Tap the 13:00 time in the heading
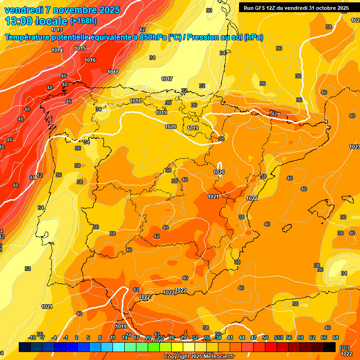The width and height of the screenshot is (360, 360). point(19,21)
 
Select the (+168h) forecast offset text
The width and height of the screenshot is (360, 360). point(83,21)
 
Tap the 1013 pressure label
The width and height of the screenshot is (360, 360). point(57,43)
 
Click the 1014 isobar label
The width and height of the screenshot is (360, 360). point(57,50)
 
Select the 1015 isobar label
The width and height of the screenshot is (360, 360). point(80,48)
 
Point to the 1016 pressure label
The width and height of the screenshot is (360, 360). point(90,60)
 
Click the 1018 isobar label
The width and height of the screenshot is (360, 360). point(135,101)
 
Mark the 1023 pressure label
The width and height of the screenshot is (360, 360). point(354,147)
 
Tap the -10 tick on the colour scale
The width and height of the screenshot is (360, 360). point(32,337)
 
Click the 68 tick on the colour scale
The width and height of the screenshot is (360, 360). point(336,337)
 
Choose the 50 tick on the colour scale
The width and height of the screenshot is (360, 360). point(265,337)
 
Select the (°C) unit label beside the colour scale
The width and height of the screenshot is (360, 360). point(345,348)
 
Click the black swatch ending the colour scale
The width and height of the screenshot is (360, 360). point(330,347)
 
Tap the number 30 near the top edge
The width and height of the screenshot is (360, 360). point(209,10)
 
